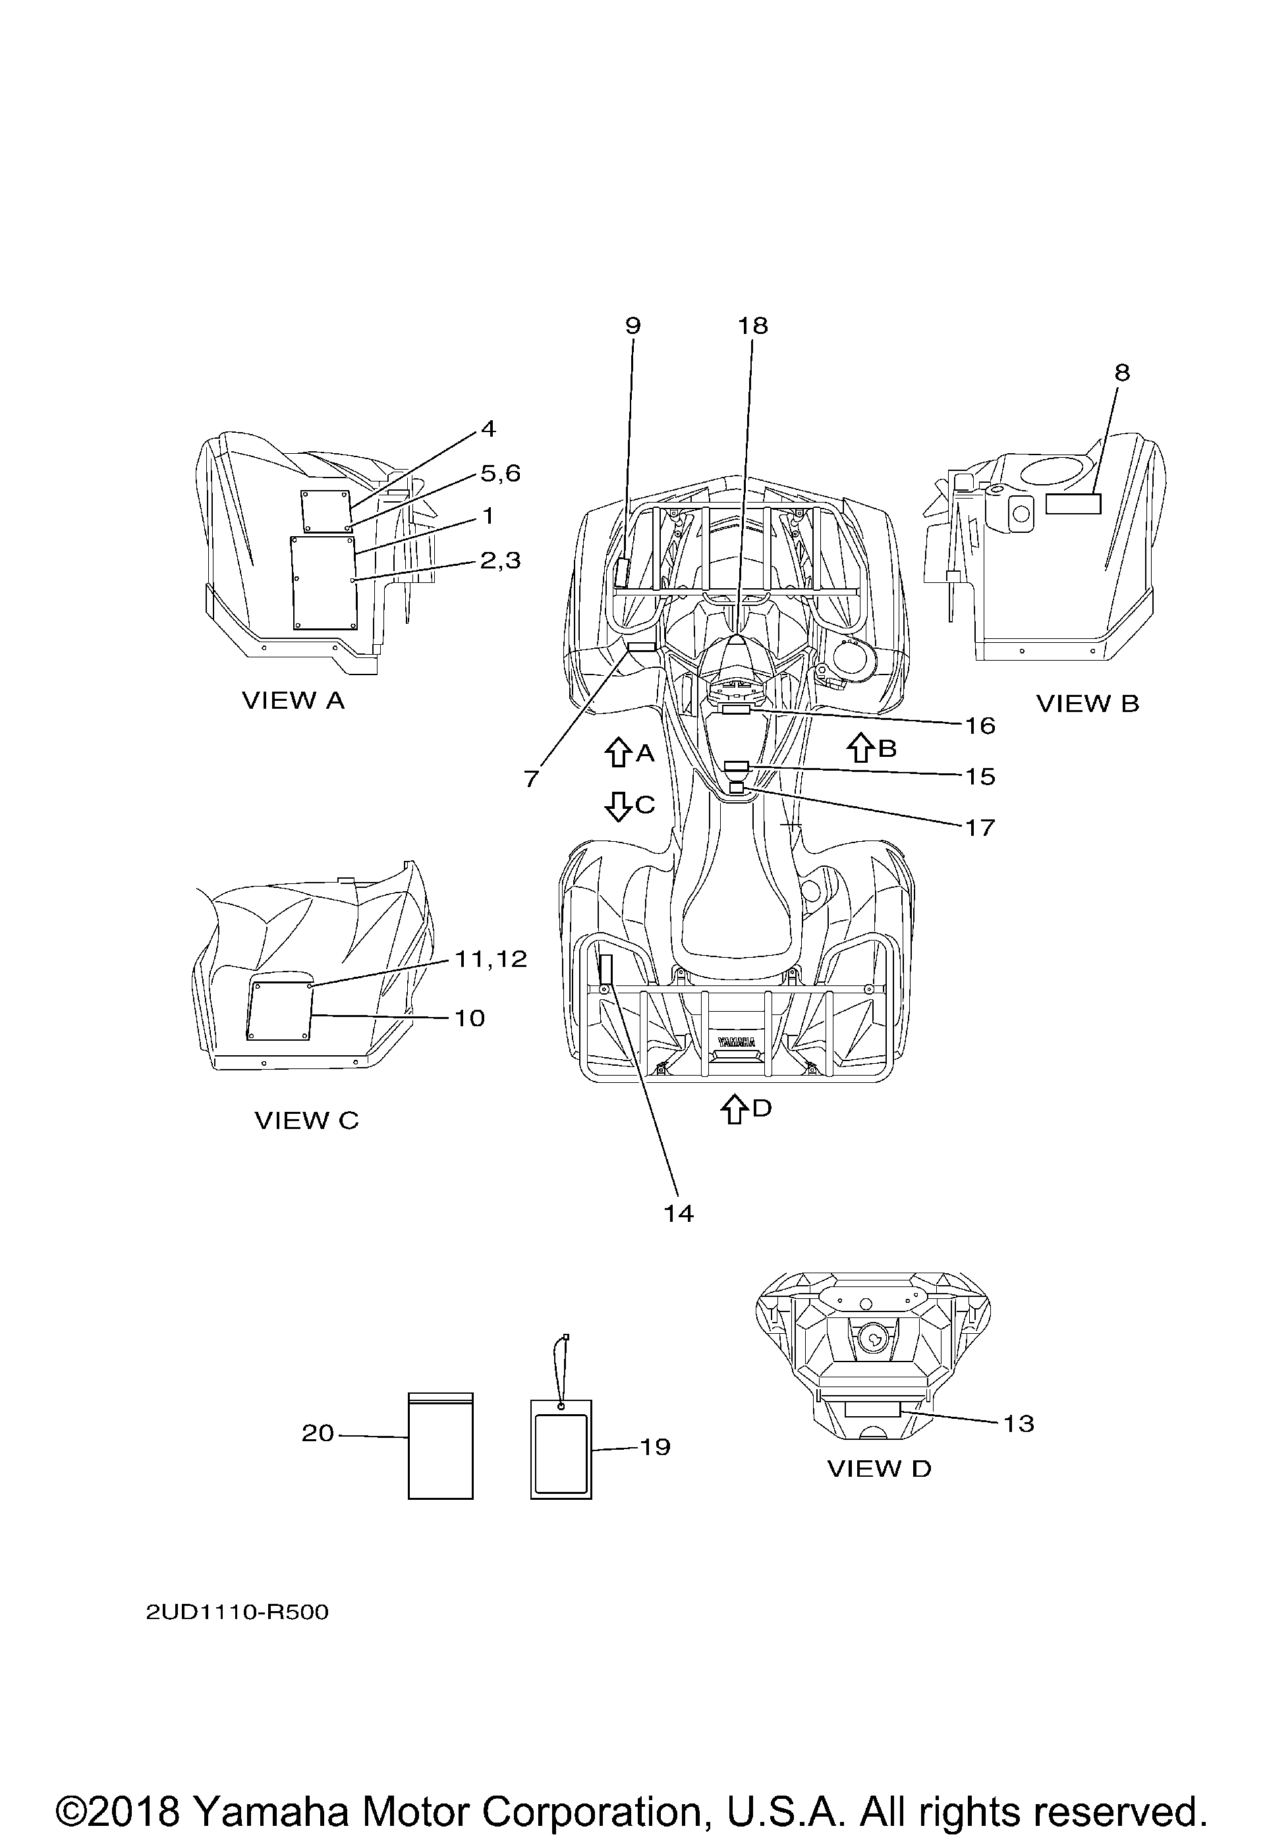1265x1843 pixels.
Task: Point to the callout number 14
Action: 679,1213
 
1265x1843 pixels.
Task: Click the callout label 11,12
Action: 491,959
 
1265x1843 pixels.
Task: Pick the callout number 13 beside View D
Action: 1019,1423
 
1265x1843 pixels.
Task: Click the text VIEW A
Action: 293,700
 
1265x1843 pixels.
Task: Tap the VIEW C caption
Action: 307,1120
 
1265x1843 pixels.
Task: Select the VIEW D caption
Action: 880,1468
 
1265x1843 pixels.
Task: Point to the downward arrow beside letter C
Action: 617,806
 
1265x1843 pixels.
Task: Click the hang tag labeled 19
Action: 561,1448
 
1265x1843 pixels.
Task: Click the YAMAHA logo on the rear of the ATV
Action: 737,1041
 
